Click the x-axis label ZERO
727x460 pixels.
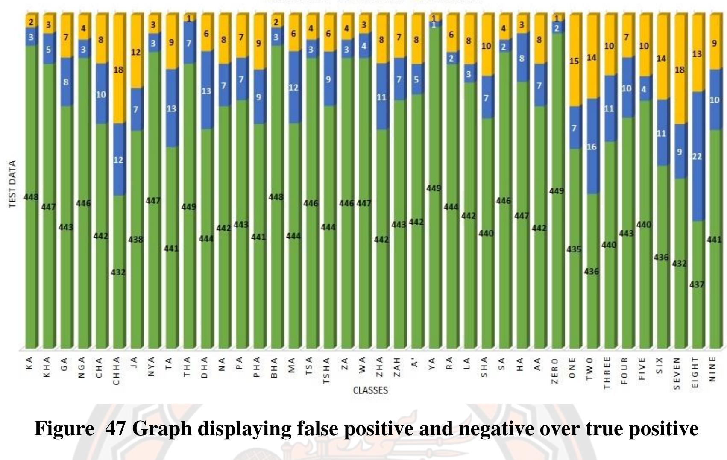coord(555,371)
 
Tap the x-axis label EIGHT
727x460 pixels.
coord(695,373)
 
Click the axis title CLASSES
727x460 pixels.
coord(370,390)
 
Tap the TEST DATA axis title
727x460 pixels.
coord(12,184)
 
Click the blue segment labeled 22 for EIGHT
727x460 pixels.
coord(697,156)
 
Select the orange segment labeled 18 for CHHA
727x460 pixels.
coord(118,70)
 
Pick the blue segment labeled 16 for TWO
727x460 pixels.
coord(591,146)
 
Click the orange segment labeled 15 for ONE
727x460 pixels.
coord(574,61)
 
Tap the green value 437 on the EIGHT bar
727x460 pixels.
coord(697,284)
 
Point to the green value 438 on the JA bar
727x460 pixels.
coord(136,240)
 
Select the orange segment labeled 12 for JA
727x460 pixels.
coord(136,52)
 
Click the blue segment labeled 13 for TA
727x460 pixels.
coord(171,108)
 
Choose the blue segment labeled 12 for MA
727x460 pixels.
coord(293,88)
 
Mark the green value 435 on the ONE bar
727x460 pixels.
coord(574,249)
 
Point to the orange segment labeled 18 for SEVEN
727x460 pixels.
coord(679,70)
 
